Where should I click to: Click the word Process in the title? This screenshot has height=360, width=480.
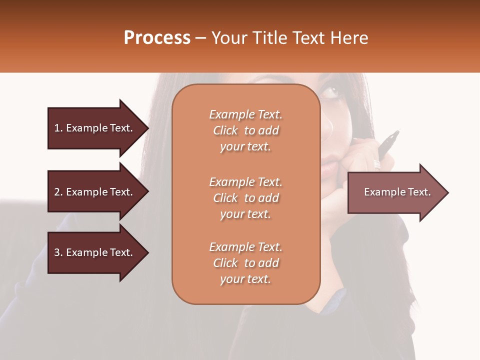tap(157, 38)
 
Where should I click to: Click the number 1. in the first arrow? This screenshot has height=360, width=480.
tap(58, 128)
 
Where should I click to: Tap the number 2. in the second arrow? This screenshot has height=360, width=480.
tap(58, 192)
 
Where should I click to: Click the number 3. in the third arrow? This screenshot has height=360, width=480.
tap(58, 252)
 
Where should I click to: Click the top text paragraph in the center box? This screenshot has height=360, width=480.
tap(245, 130)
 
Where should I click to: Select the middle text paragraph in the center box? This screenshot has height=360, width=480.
tap(245, 197)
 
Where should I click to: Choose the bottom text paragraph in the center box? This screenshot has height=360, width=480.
tap(245, 263)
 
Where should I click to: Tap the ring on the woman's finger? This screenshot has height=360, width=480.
tap(376, 164)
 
